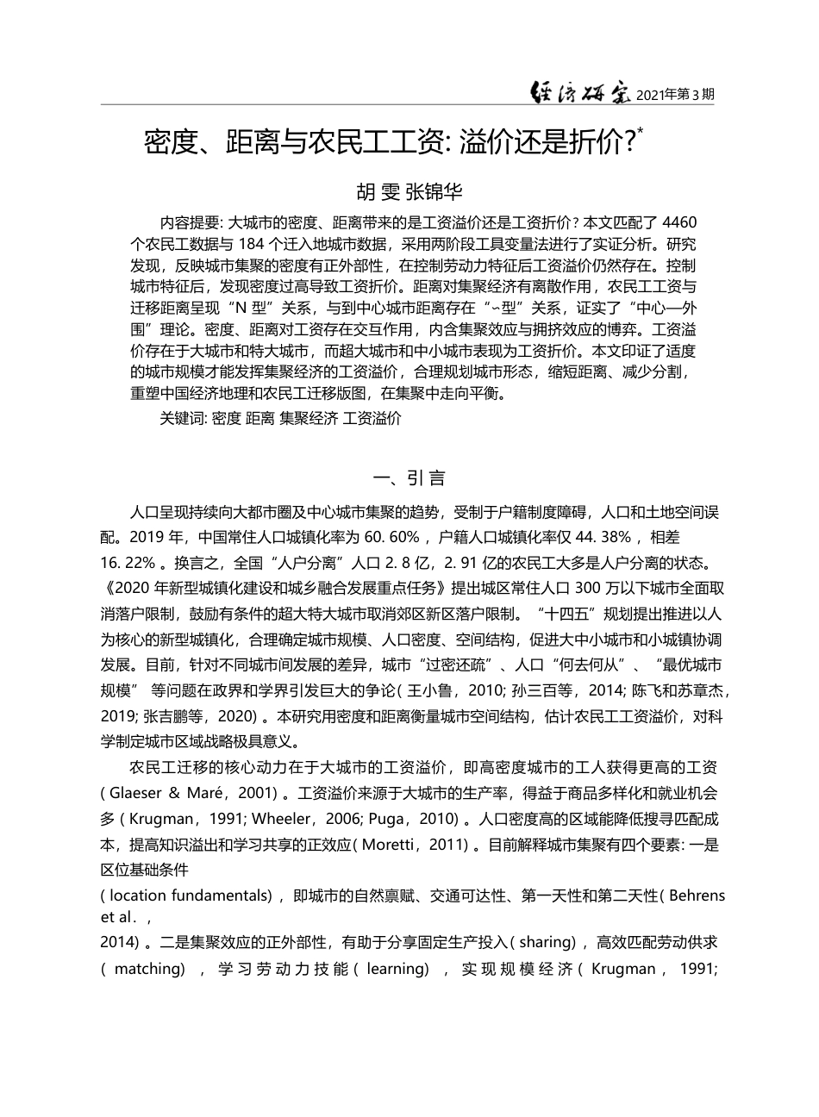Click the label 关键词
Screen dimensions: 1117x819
click(x=183, y=419)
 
